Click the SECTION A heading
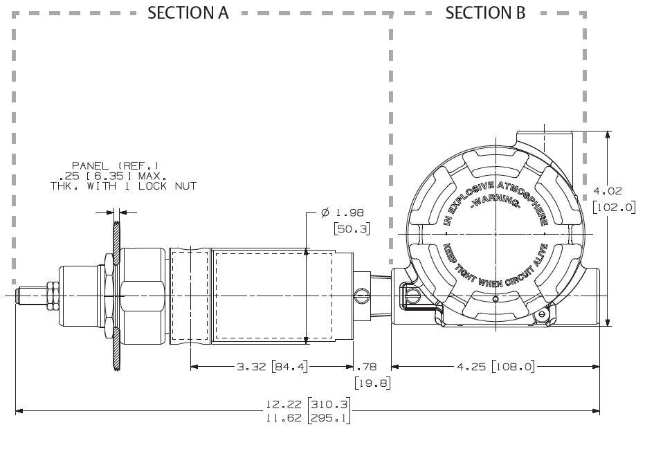(188, 12)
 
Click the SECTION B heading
(485, 12)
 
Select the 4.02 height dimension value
(613, 190)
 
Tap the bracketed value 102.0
(614, 206)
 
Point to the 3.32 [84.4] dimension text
(271, 366)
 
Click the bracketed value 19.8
(372, 381)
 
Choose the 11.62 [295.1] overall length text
(309, 419)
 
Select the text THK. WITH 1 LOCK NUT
(123, 186)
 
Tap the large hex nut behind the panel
(142, 296)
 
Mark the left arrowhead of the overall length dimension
(19, 412)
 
